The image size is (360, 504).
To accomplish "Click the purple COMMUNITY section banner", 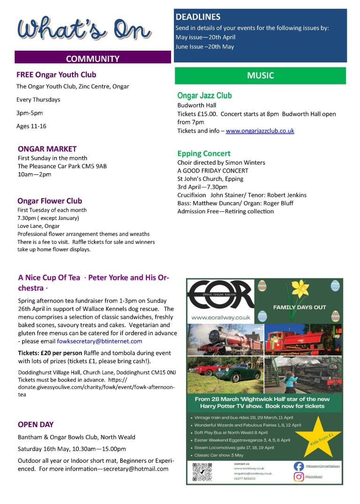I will tap(92, 59).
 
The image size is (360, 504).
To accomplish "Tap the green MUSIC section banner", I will tap(260, 75).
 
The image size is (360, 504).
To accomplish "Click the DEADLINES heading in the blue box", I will tap(197, 17).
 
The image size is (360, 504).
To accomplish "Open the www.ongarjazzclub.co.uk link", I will tap(260, 131).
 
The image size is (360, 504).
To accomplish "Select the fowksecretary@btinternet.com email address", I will tap(100, 341).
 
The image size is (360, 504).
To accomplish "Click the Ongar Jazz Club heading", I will tap(204, 96).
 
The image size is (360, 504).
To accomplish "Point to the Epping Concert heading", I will tap(204, 153).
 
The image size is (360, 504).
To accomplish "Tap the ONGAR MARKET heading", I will tap(47, 149).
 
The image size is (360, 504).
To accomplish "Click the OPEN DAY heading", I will tap(36, 424).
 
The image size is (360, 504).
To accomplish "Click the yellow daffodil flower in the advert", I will tap(300, 291).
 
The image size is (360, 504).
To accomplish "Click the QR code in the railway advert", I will tap(202, 472).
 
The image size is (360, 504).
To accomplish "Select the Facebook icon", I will tap(299, 466).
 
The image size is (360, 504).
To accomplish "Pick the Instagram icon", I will tap(299, 476).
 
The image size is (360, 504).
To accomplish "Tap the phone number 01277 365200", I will tap(244, 478).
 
